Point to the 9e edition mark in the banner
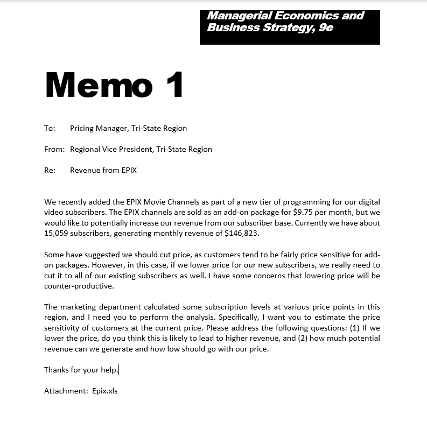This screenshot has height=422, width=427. coord(326,27)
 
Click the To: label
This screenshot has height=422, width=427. coord(50,128)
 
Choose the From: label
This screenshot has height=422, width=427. coord(54,149)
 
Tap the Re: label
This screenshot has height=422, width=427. coord(50,170)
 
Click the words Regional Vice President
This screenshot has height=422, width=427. coord(111,149)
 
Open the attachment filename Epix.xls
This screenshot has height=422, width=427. coord(105,391)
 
